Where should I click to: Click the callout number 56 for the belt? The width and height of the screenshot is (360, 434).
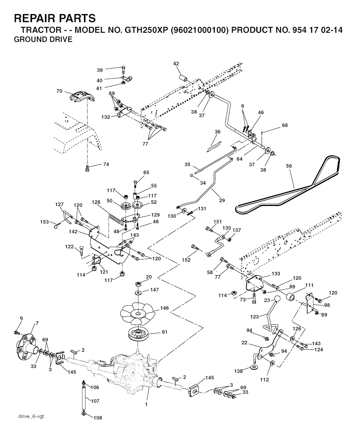coord(289,166)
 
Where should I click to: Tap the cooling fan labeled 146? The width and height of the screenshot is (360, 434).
coord(138,313)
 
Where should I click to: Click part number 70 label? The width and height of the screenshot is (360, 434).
coord(59,91)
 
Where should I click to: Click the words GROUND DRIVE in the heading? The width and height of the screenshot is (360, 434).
coord(43,39)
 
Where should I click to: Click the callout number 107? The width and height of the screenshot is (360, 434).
coord(95,401)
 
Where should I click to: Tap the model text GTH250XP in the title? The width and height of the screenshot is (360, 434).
coord(146,30)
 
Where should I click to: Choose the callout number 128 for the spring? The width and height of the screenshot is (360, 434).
coord(96,202)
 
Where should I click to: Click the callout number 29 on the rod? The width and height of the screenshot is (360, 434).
coord(222,200)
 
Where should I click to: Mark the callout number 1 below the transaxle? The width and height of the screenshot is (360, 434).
coord(146,404)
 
